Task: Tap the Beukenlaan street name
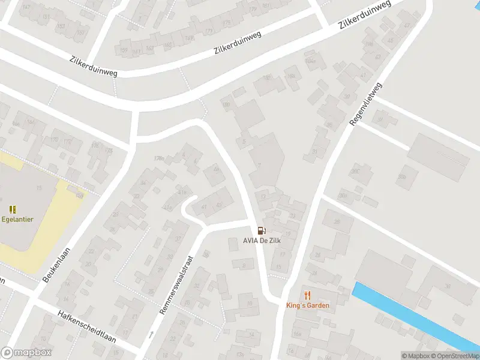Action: pyautogui.click(x=57, y=265)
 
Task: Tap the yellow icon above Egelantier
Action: pyautogui.click(x=13, y=209)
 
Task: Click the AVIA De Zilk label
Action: pyautogui.click(x=262, y=241)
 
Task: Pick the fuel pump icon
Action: pyautogui.click(x=260, y=230)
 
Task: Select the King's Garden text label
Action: pyautogui.click(x=308, y=305)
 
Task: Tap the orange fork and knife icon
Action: pyautogui.click(x=308, y=295)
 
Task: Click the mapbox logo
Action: pyautogui.click(x=26, y=352)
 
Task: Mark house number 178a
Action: pyautogui.click(x=158, y=158)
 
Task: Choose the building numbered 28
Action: pyautogui.click(x=337, y=221)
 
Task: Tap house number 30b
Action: pyautogui.click(x=343, y=194)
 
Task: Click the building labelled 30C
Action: pyautogui.click(x=355, y=172)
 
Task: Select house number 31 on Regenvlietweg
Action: pyautogui.click(x=315, y=151)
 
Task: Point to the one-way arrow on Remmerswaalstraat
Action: pyautogui.click(x=151, y=334)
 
